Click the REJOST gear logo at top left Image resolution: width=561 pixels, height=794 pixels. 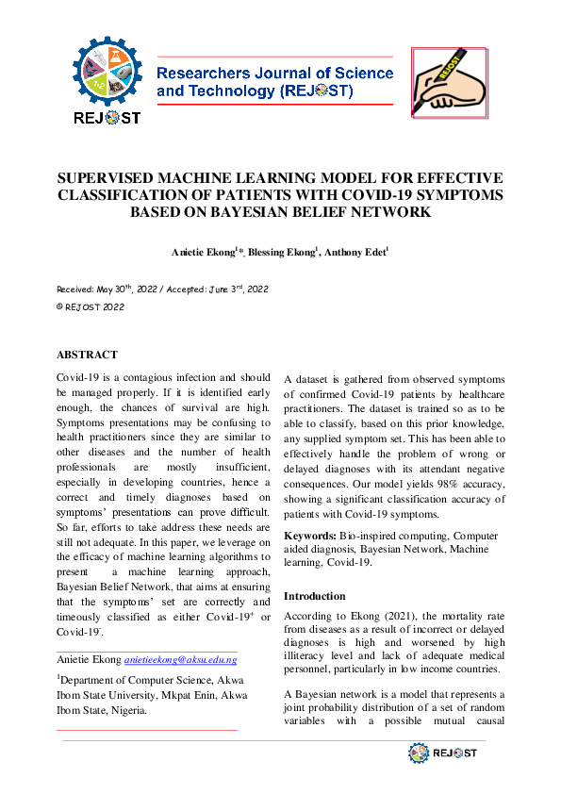pos(107,79)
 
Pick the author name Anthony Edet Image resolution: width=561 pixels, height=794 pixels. pos(355,253)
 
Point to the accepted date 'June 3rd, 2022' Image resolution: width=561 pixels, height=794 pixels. pos(231,289)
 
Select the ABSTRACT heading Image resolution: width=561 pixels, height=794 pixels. pos(87,356)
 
